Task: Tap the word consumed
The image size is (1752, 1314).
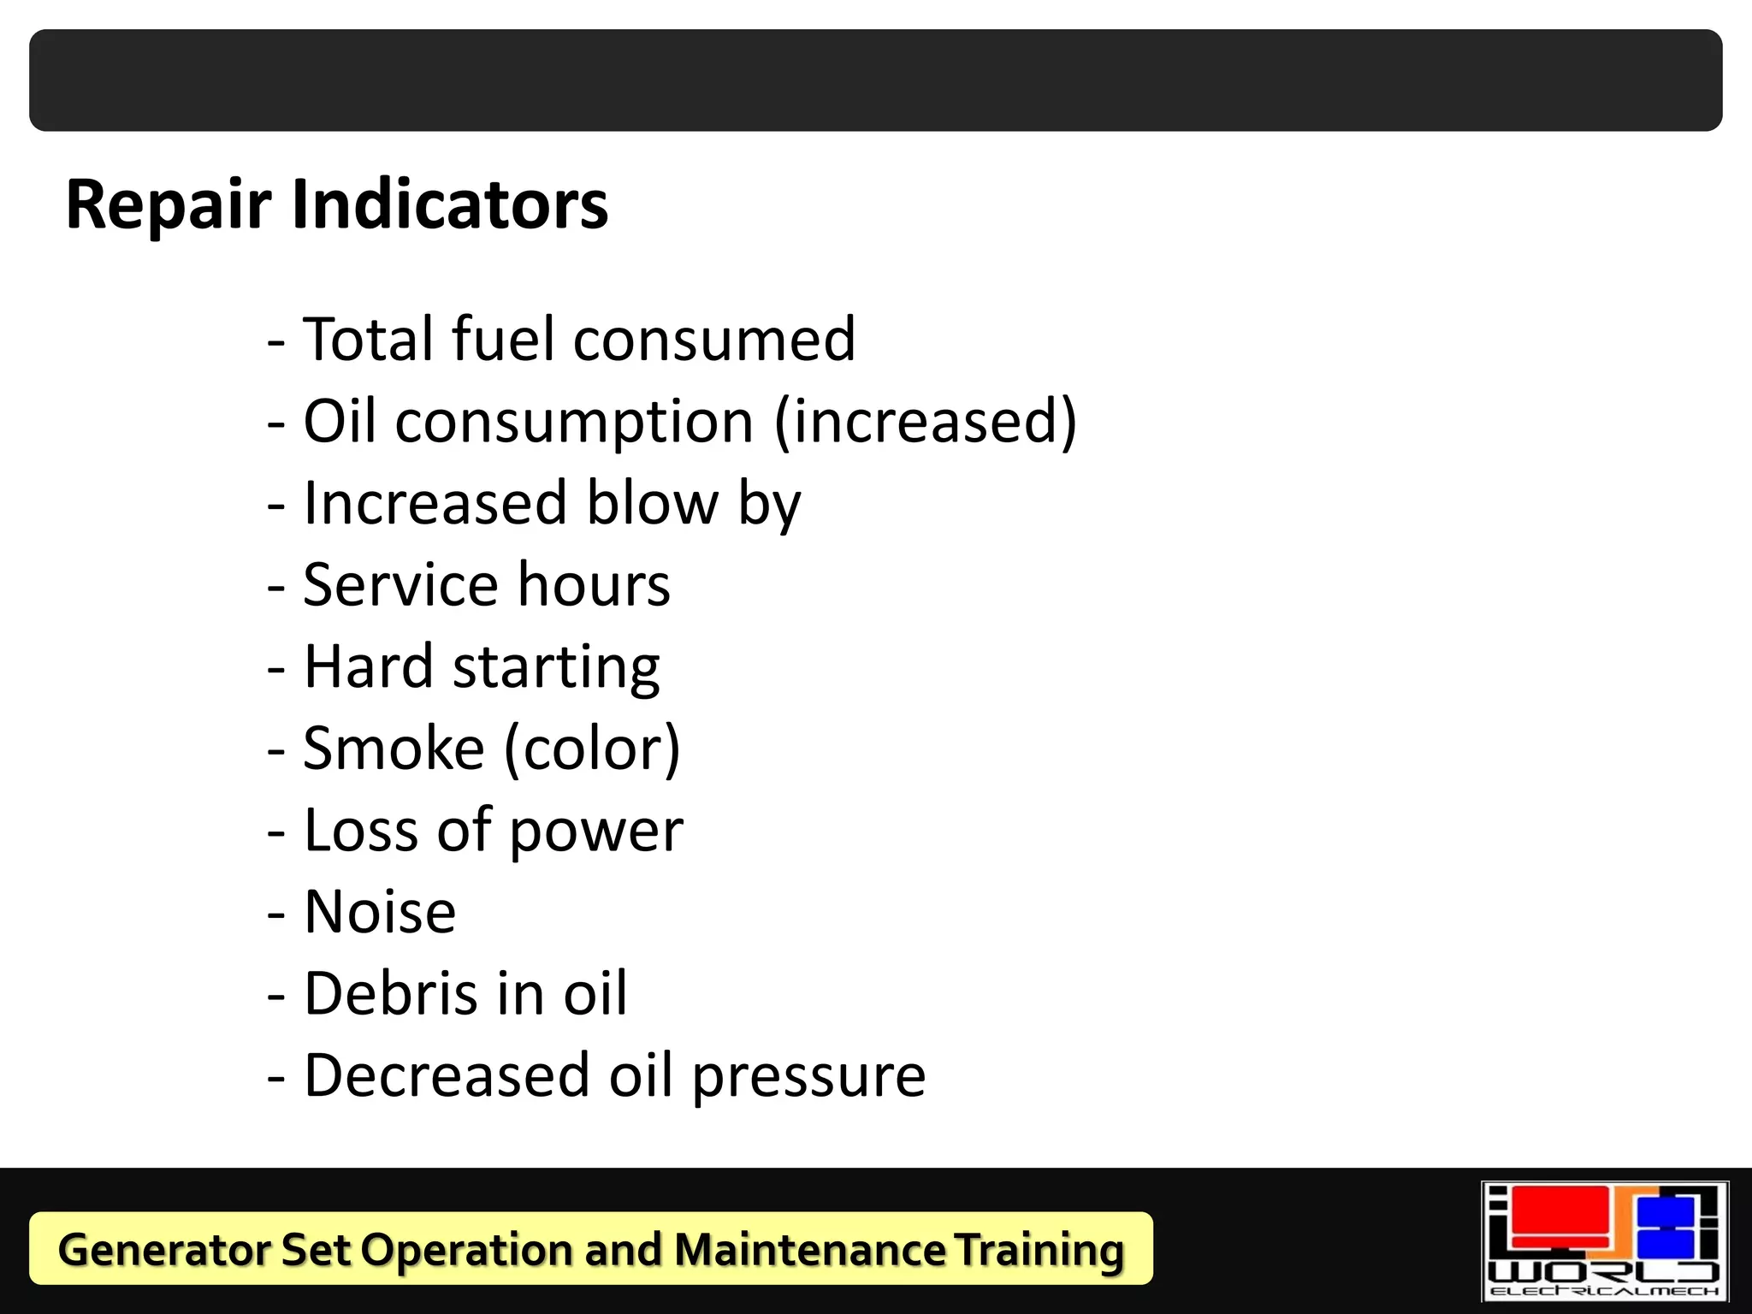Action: click(x=714, y=340)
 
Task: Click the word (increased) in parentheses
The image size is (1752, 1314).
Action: click(x=925, y=422)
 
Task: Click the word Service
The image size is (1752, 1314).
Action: click(x=400, y=584)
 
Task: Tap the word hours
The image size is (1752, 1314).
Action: click(x=594, y=584)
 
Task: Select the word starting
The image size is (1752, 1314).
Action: click(x=556, y=668)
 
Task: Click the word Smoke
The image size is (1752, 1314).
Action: click(x=394, y=748)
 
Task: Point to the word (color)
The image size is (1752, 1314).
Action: click(x=592, y=749)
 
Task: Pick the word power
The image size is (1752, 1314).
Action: click(x=596, y=832)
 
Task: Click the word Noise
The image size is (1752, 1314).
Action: click(x=380, y=911)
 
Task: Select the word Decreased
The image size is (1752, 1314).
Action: click(x=447, y=1075)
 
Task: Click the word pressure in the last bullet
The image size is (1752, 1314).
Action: click(x=808, y=1077)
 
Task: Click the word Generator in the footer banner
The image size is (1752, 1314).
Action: click(x=163, y=1250)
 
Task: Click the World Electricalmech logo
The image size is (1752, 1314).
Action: click(x=1604, y=1241)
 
